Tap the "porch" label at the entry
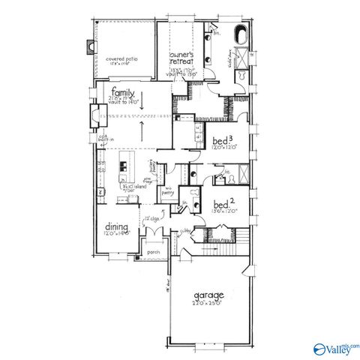click(x=154, y=252)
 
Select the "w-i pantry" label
click(x=169, y=190)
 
